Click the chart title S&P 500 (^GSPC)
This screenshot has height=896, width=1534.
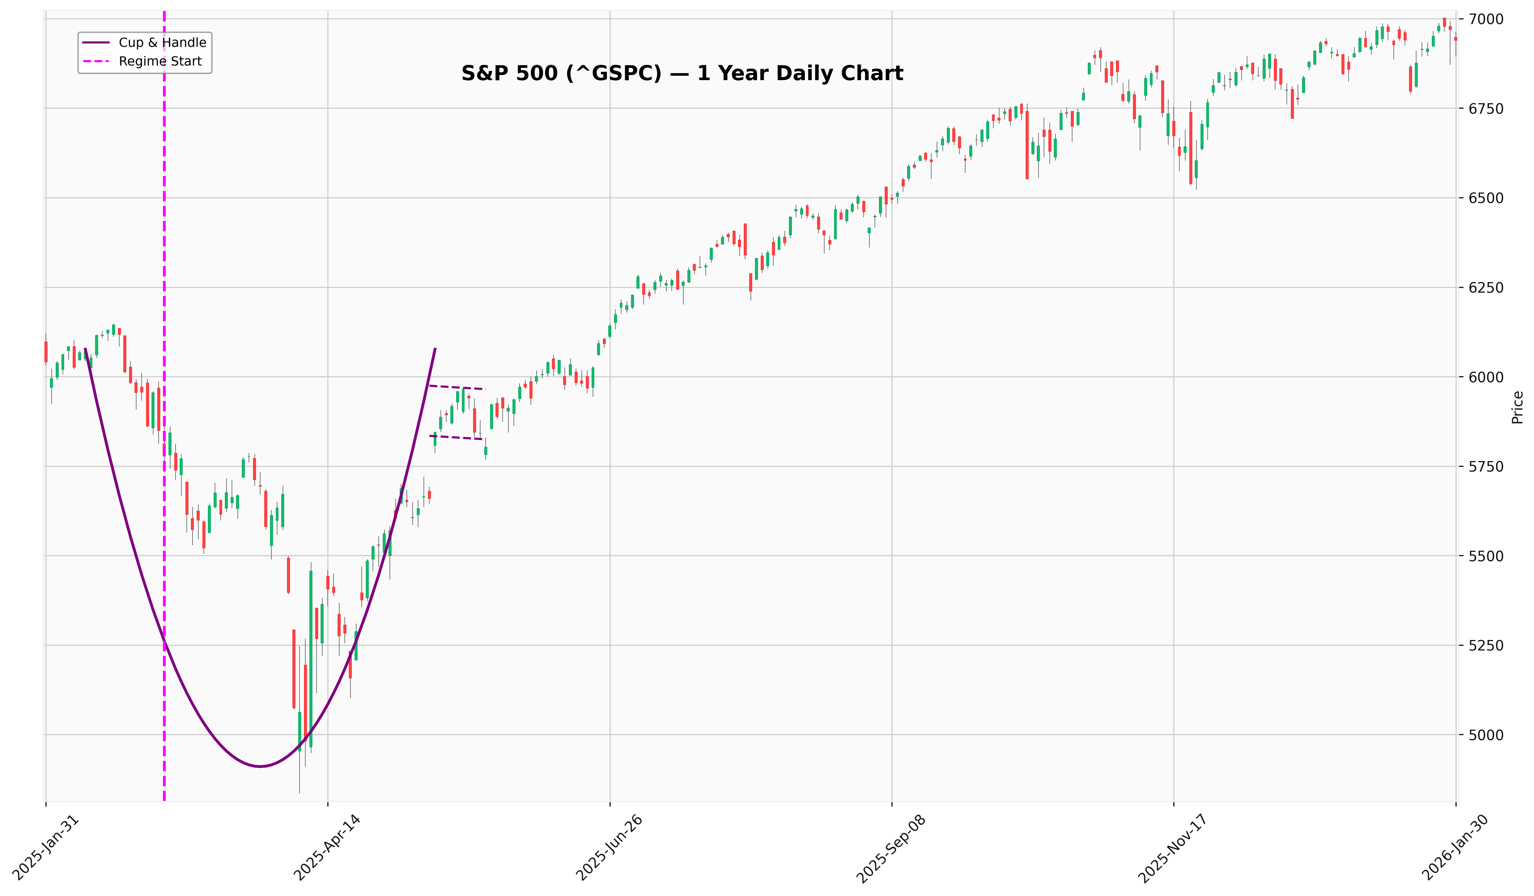682,74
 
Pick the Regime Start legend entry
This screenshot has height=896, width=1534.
160,61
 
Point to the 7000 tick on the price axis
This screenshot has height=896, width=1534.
1487,19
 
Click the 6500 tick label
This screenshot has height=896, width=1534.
1487,198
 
